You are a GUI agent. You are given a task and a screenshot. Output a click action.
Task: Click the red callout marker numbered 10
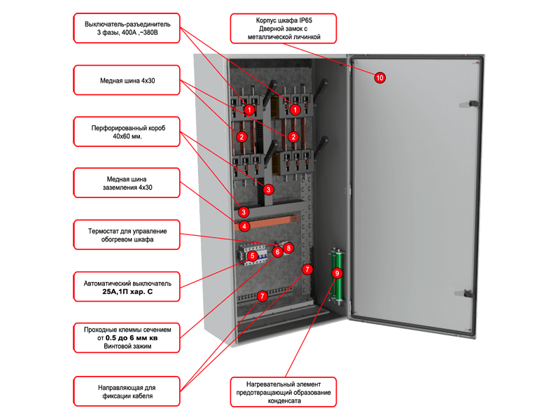pos(379,78)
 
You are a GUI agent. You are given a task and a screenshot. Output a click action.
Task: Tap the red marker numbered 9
pos(337,274)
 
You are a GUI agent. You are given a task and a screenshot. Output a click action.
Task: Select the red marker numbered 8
pos(288,248)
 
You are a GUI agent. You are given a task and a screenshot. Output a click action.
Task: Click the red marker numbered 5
pos(253,255)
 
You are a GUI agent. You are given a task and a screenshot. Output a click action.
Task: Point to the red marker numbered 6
pos(277,252)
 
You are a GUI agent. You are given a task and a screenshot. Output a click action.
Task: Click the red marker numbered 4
pos(244,226)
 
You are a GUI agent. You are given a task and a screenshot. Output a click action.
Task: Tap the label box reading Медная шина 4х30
pos(127,80)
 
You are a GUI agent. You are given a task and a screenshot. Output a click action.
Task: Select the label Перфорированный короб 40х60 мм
pos(127,132)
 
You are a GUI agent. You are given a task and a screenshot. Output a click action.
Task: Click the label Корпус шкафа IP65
pos(283,29)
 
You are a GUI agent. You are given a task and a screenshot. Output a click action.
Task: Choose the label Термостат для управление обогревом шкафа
pos(127,235)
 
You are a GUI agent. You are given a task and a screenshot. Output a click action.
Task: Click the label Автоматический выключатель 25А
pos(127,287)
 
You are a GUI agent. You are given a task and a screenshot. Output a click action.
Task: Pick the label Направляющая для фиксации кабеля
pos(127,391)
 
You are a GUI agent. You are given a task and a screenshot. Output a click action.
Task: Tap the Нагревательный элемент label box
pos(283,392)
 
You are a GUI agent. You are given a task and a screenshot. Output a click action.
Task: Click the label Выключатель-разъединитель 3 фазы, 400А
pos(127,28)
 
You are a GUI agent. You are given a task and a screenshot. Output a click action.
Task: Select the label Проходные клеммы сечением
pos(127,338)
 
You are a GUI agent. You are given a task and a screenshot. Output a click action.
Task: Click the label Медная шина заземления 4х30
pos(127,183)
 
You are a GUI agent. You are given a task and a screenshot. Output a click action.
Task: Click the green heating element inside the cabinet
pos(336,276)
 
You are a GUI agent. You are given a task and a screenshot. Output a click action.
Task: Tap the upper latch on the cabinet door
pos(469,104)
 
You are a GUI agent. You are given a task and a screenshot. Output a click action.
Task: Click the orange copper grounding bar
pos(267,222)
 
